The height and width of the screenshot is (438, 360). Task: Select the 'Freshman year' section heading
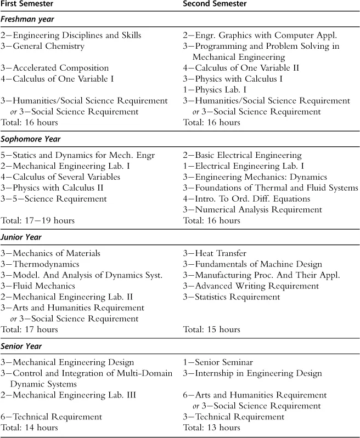(x=27, y=20)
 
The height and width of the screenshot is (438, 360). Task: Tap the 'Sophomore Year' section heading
(x=31, y=139)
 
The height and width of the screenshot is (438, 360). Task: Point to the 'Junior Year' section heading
(x=22, y=237)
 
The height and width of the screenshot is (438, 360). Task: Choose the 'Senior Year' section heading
(x=22, y=346)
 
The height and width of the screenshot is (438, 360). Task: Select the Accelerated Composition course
(x=55, y=68)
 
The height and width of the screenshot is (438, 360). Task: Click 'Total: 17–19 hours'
(x=37, y=220)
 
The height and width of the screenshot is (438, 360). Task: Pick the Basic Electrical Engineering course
(x=242, y=155)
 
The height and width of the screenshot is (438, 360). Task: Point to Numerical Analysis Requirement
(x=252, y=209)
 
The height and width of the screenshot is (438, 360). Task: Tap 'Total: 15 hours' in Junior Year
(x=211, y=329)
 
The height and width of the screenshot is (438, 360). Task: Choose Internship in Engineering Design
(x=252, y=373)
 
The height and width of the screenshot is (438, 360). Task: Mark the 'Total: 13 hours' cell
(x=211, y=428)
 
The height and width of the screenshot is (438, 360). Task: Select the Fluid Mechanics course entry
(x=43, y=286)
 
